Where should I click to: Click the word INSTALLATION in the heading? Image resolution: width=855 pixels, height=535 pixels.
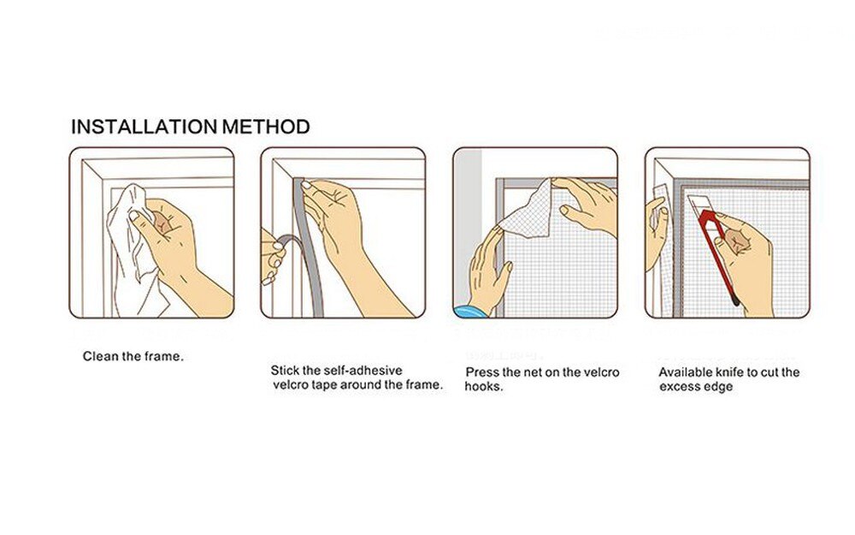144,127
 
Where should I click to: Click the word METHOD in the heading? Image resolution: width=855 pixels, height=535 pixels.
266,127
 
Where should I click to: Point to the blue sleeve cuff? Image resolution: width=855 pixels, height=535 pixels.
469,312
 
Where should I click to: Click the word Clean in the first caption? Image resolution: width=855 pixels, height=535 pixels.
100,356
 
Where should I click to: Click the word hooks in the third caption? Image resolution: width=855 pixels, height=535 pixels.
482,387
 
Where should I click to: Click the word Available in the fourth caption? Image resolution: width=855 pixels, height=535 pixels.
685,372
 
